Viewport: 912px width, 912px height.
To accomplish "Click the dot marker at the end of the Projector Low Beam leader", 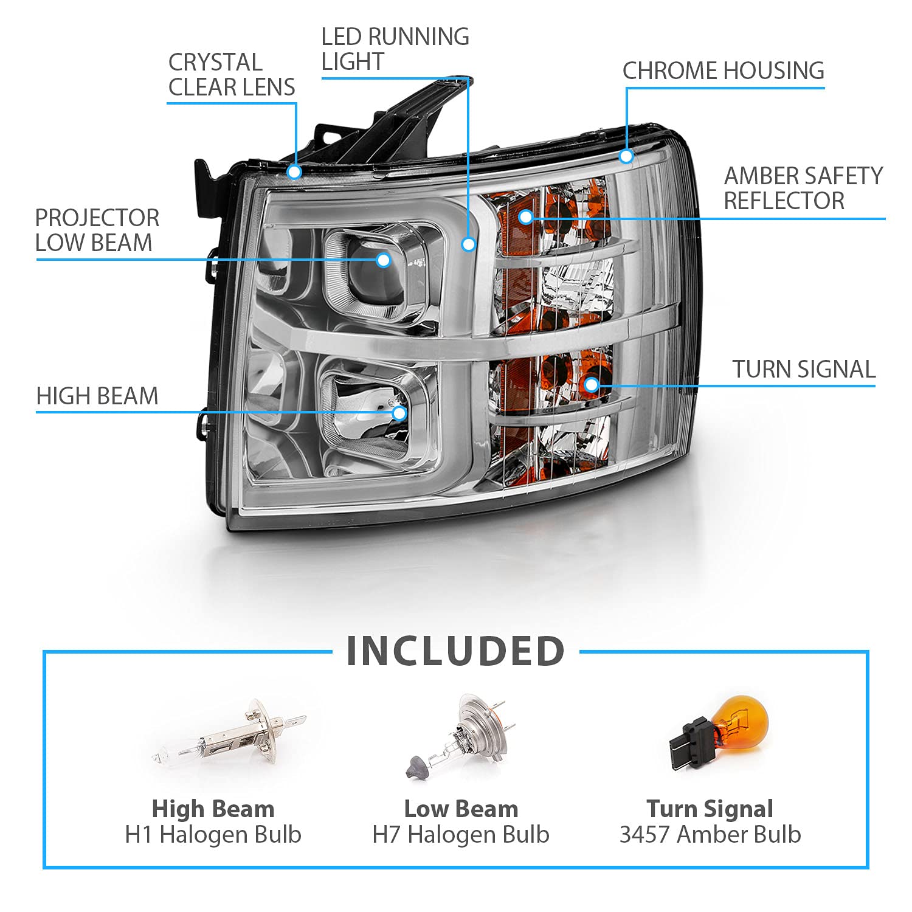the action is (383, 260).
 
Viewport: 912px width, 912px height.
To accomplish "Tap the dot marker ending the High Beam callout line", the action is (399, 413).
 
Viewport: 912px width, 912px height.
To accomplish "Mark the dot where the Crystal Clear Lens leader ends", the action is (295, 172).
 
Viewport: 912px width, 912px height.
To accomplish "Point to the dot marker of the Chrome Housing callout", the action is (626, 157).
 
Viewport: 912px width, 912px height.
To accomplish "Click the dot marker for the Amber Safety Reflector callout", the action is (526, 216).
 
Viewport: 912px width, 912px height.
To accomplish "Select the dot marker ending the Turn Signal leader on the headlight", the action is (592, 384).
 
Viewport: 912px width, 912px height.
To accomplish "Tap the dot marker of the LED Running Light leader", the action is (468, 244).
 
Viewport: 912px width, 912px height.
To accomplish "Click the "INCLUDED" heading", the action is (456, 651).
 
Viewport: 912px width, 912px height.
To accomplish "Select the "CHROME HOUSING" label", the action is (724, 71).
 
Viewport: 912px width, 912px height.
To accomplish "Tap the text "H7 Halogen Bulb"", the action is (461, 835).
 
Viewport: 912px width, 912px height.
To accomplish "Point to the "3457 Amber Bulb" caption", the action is (710, 835).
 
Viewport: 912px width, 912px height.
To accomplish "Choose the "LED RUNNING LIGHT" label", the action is (395, 49).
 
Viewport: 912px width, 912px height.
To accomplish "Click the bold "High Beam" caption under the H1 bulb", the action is (213, 809).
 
